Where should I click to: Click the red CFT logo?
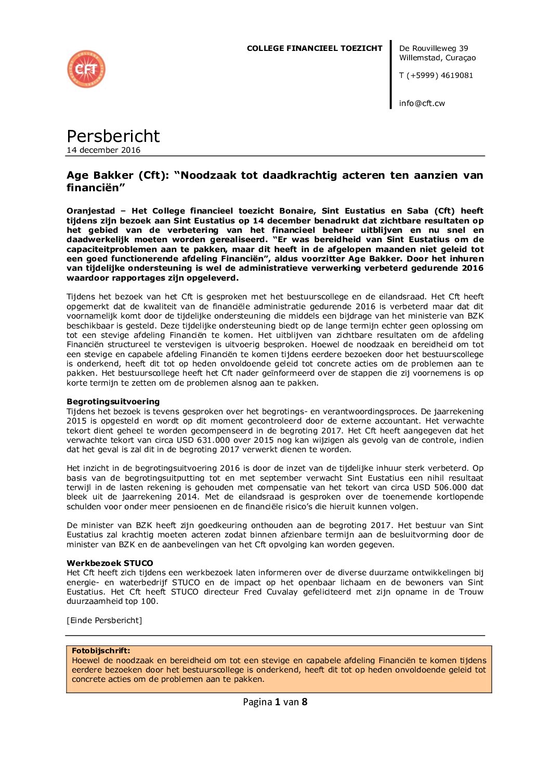86,69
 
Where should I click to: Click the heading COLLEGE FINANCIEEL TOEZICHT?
315,48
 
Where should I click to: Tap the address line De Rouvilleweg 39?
434,48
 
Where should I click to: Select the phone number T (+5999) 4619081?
436,75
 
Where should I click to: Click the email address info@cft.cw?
422,103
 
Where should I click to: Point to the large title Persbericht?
113,136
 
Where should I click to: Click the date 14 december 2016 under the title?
103,150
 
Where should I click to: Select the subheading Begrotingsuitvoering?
113,402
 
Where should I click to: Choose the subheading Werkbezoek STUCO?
110,563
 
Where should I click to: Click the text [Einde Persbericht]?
104,621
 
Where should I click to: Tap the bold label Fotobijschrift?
101,651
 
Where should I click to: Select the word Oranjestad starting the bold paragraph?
91,211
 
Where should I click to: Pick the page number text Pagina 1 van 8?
275,702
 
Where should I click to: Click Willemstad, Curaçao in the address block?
437,58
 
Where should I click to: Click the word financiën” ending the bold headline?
96,188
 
